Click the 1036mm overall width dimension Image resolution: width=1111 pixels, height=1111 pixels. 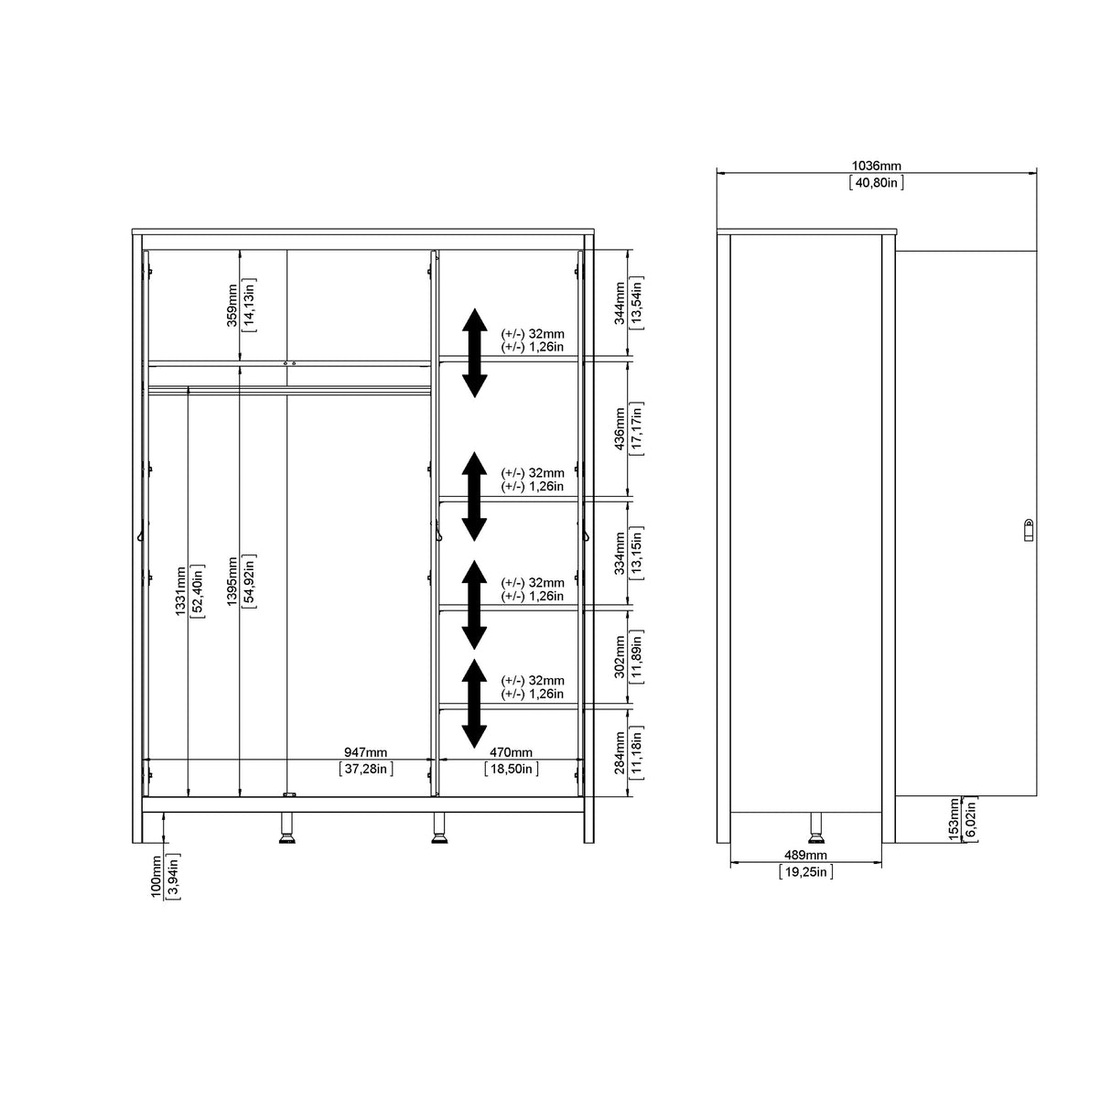(876, 166)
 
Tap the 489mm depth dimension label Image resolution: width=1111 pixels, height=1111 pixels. (805, 855)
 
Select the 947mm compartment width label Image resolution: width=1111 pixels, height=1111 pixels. (365, 752)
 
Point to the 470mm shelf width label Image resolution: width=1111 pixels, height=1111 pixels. (511, 752)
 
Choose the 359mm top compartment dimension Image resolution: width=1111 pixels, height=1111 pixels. (232, 305)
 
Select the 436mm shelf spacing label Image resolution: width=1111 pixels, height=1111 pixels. (620, 428)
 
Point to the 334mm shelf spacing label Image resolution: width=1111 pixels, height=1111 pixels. (620, 553)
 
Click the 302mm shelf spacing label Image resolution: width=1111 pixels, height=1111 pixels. (620, 656)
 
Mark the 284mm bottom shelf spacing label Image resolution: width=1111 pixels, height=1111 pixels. (620, 751)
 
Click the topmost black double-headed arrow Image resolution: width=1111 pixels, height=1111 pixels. (473, 352)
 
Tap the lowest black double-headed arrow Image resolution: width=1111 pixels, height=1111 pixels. (473, 703)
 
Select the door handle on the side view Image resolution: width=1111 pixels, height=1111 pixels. (1028, 529)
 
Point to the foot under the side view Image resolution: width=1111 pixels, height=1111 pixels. (814, 827)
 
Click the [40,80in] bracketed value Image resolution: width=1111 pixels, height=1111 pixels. (876, 182)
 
